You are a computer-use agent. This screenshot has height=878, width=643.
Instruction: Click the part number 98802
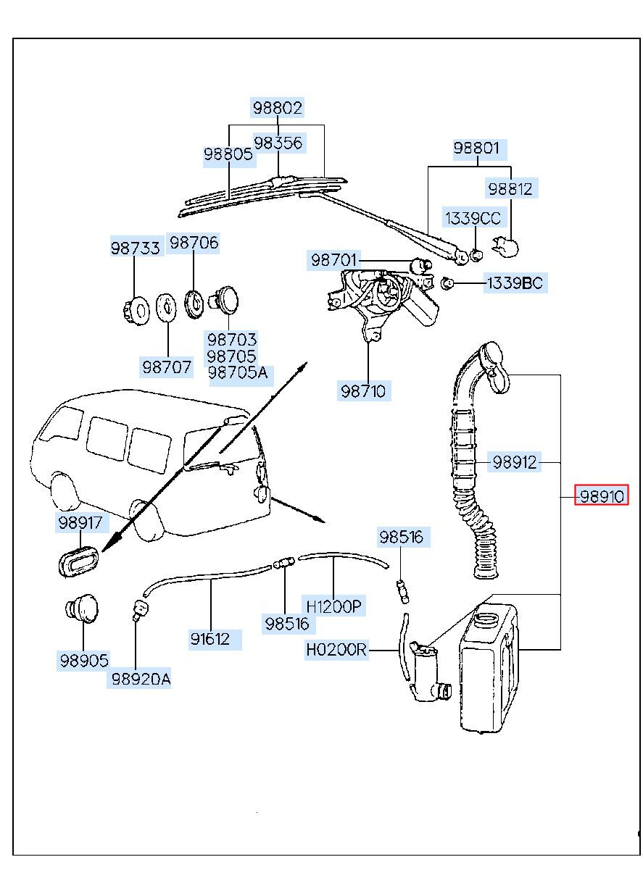coord(277,108)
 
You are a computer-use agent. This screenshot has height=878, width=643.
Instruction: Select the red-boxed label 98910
coord(600,496)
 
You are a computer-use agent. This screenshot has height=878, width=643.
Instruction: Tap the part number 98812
coord(510,189)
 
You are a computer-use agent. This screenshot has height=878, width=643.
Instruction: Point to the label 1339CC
coord(472,218)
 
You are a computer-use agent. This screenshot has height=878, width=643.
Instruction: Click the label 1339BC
coord(514,283)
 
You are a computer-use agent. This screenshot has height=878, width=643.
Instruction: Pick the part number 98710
coord(363,392)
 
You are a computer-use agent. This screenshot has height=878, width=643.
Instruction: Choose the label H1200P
coord(333,606)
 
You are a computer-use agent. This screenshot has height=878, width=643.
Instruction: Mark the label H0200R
coord(336,650)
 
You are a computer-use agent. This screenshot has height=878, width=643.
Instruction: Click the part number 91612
coord(211,639)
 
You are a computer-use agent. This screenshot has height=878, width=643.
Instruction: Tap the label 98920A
coord(140,679)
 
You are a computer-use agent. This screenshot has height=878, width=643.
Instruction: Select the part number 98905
coord(84,660)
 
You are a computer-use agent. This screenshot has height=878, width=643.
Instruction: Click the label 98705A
coord(237,373)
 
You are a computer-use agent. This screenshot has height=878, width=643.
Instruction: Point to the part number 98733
coord(135,248)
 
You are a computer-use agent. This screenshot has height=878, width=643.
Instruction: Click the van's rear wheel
coord(150,522)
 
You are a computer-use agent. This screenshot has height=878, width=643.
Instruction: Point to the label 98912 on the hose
coord(514,461)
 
